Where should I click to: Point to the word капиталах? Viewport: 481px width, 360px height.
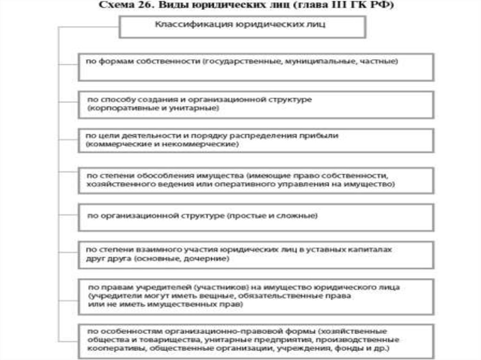point(372,250)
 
